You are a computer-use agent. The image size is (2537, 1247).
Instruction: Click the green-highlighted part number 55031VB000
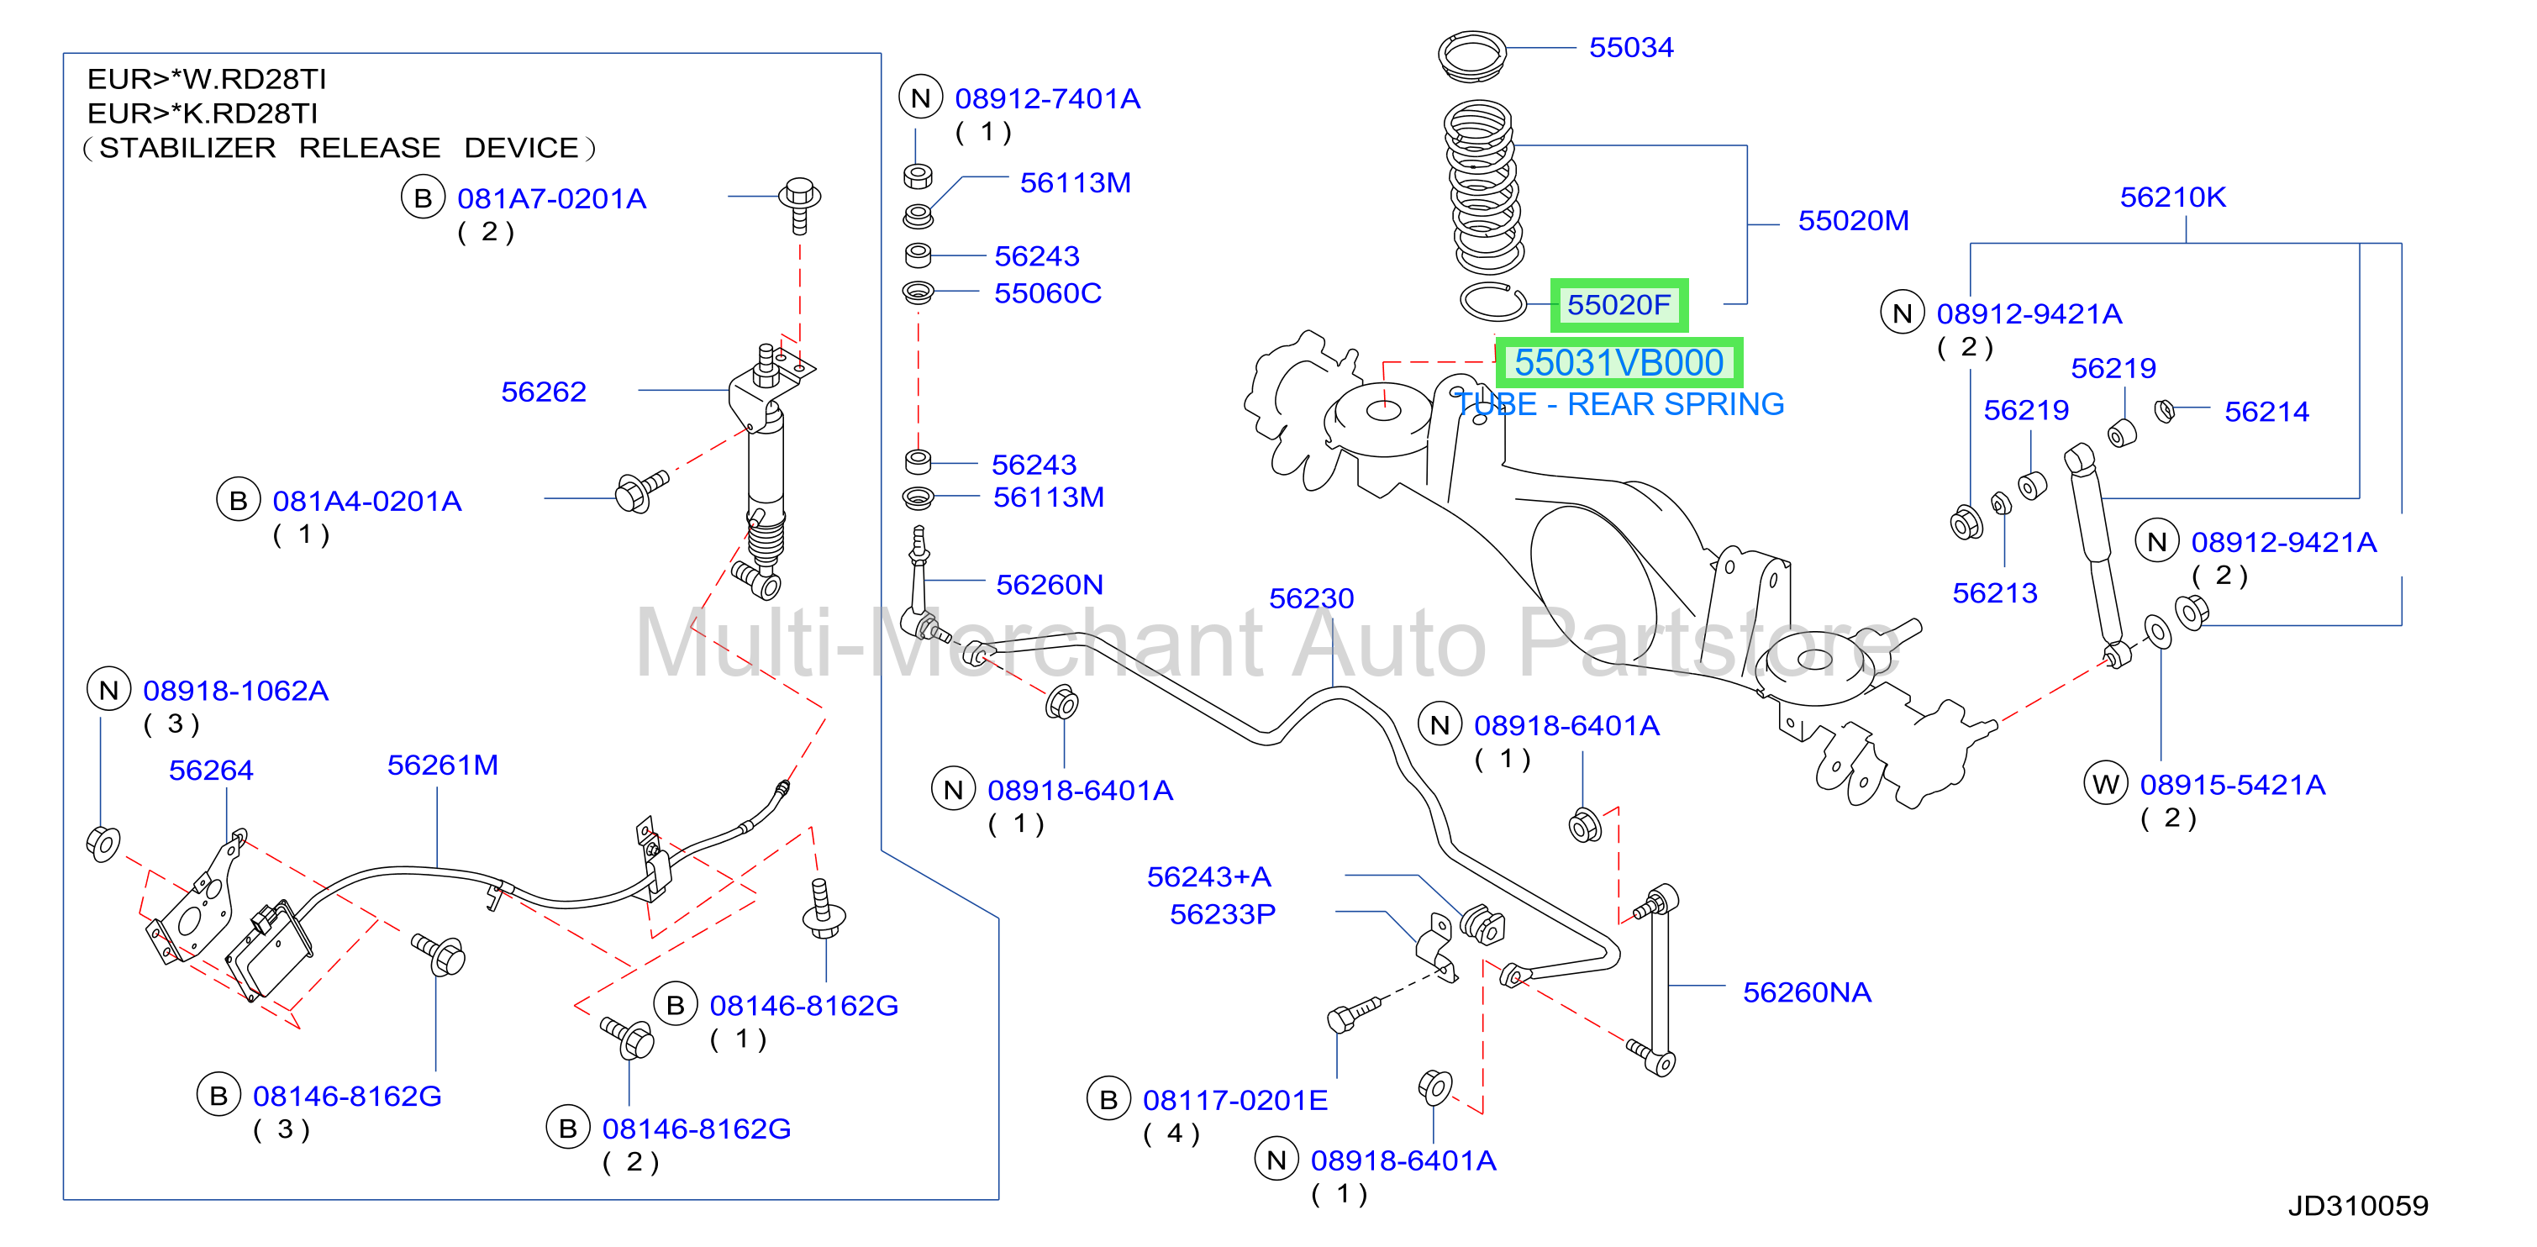(x=1619, y=362)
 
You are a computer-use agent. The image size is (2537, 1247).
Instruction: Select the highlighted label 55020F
(x=1619, y=304)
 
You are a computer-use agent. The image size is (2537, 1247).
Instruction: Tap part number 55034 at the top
(x=1631, y=47)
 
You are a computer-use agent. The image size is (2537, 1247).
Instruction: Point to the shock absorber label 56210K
(x=2171, y=197)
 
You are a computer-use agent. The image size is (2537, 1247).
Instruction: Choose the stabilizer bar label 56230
(x=1311, y=598)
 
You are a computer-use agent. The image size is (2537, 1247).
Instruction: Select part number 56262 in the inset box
(x=544, y=392)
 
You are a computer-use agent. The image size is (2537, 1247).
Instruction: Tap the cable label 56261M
(x=442, y=766)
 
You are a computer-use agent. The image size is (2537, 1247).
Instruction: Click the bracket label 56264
(x=211, y=771)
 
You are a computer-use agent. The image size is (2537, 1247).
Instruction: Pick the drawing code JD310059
(x=2358, y=1206)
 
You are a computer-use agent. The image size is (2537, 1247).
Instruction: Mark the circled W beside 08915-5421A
(x=2106, y=784)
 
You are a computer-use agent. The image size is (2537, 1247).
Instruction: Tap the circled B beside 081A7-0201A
(x=423, y=198)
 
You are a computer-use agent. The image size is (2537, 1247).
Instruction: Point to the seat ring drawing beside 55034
(x=1472, y=55)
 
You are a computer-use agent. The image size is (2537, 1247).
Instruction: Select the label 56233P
(x=1222, y=914)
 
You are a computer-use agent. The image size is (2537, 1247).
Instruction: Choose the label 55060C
(x=1048, y=293)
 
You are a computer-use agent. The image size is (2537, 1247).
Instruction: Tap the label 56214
(x=2266, y=412)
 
